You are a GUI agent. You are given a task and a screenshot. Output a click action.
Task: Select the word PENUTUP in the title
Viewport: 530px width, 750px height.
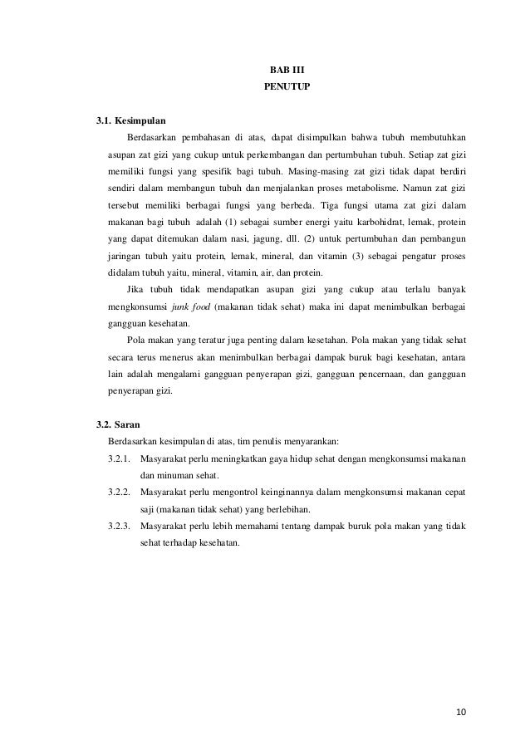(x=287, y=86)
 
